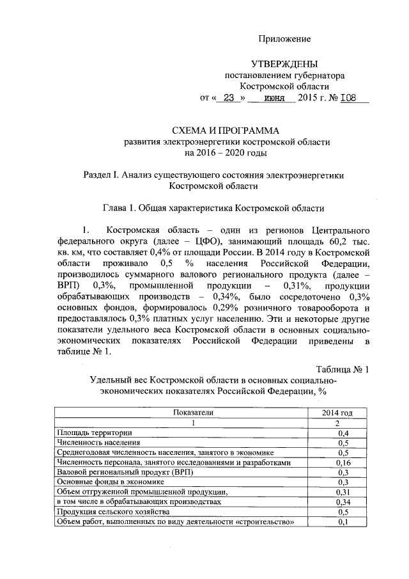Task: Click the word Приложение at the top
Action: (284, 39)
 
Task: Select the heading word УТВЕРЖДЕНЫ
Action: (284, 64)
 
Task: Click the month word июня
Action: (272, 99)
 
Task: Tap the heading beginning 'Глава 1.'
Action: (213, 208)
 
